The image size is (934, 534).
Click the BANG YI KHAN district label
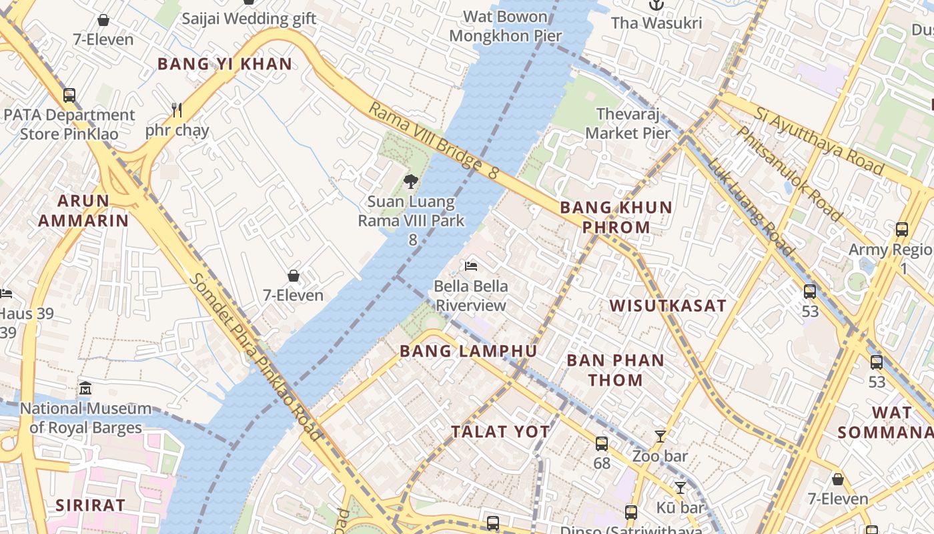tap(225, 64)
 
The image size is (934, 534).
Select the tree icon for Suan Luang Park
tap(411, 181)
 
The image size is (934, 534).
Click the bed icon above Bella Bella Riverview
tap(471, 266)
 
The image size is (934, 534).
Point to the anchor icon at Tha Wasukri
tap(656, 5)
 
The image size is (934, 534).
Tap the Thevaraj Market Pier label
tap(628, 123)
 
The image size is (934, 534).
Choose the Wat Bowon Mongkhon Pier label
tap(505, 26)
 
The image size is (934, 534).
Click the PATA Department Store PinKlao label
tap(69, 124)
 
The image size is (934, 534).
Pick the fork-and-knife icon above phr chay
tap(177, 109)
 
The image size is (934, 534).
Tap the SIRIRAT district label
tap(90, 505)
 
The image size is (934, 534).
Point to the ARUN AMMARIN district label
tap(83, 211)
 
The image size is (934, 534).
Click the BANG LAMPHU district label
tap(468, 351)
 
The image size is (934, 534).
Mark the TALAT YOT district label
tap(500, 432)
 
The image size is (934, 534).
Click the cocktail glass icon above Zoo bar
tap(660, 437)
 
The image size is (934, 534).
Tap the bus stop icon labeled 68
tap(602, 443)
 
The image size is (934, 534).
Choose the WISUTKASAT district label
tap(668, 306)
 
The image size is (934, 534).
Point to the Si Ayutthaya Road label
tap(819, 140)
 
